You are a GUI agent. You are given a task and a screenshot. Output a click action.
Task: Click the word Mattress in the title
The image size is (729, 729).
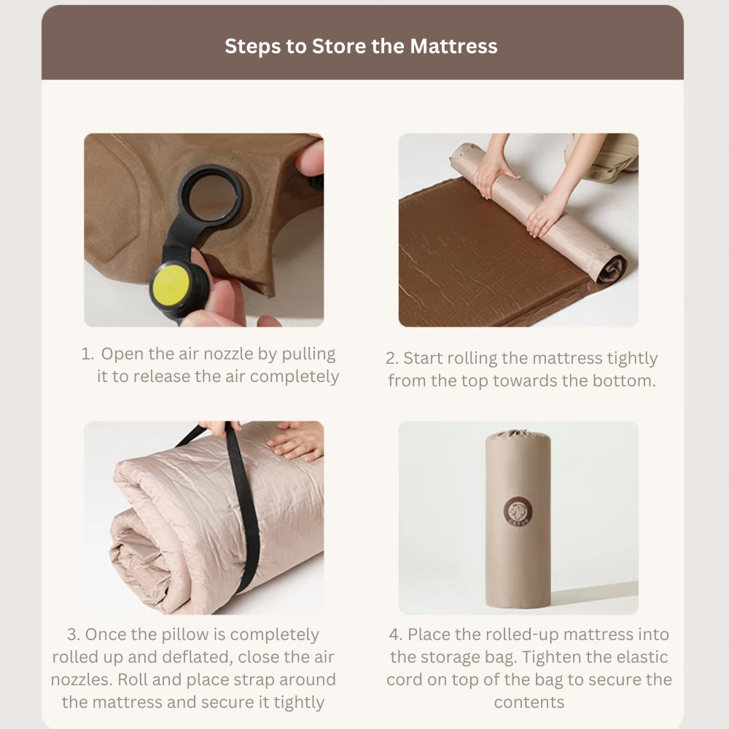453,46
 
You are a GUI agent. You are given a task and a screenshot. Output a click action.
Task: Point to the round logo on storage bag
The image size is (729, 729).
518,512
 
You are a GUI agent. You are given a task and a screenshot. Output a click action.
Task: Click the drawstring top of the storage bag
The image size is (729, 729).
518,436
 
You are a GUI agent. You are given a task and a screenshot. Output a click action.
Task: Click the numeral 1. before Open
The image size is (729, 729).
87,354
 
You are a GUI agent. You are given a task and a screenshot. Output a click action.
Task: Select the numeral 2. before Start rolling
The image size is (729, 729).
392,359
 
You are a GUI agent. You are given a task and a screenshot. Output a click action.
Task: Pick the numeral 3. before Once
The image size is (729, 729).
74,635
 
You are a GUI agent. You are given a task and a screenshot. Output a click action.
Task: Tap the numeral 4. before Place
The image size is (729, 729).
396,635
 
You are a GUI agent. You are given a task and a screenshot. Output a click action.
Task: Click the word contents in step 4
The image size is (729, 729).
529,703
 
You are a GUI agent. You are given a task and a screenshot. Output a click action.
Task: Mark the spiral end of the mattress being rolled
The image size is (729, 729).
612,269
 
